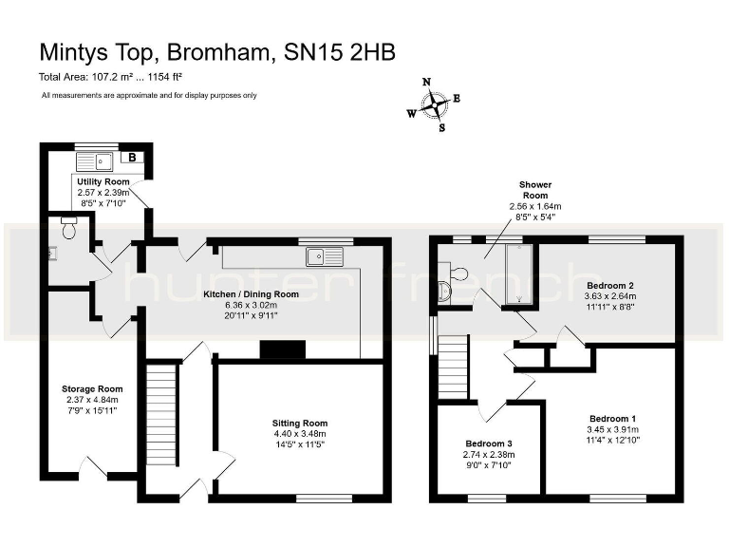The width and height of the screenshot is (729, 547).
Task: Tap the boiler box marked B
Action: click(x=132, y=159)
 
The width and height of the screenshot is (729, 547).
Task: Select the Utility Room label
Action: click(x=103, y=180)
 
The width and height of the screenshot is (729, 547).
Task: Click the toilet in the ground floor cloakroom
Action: click(x=68, y=228)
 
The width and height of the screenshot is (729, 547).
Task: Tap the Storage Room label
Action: click(x=92, y=388)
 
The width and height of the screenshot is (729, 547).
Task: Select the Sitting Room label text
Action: click(x=299, y=423)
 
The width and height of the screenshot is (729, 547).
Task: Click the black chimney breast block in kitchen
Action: click(x=283, y=349)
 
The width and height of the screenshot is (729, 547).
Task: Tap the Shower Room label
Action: click(x=535, y=190)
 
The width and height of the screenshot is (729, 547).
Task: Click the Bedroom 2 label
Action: click(x=610, y=285)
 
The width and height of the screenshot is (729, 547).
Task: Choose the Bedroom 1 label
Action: click(x=612, y=419)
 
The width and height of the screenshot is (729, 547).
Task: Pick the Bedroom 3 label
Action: click(x=489, y=443)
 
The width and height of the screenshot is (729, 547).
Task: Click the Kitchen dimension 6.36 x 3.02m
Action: click(x=252, y=305)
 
